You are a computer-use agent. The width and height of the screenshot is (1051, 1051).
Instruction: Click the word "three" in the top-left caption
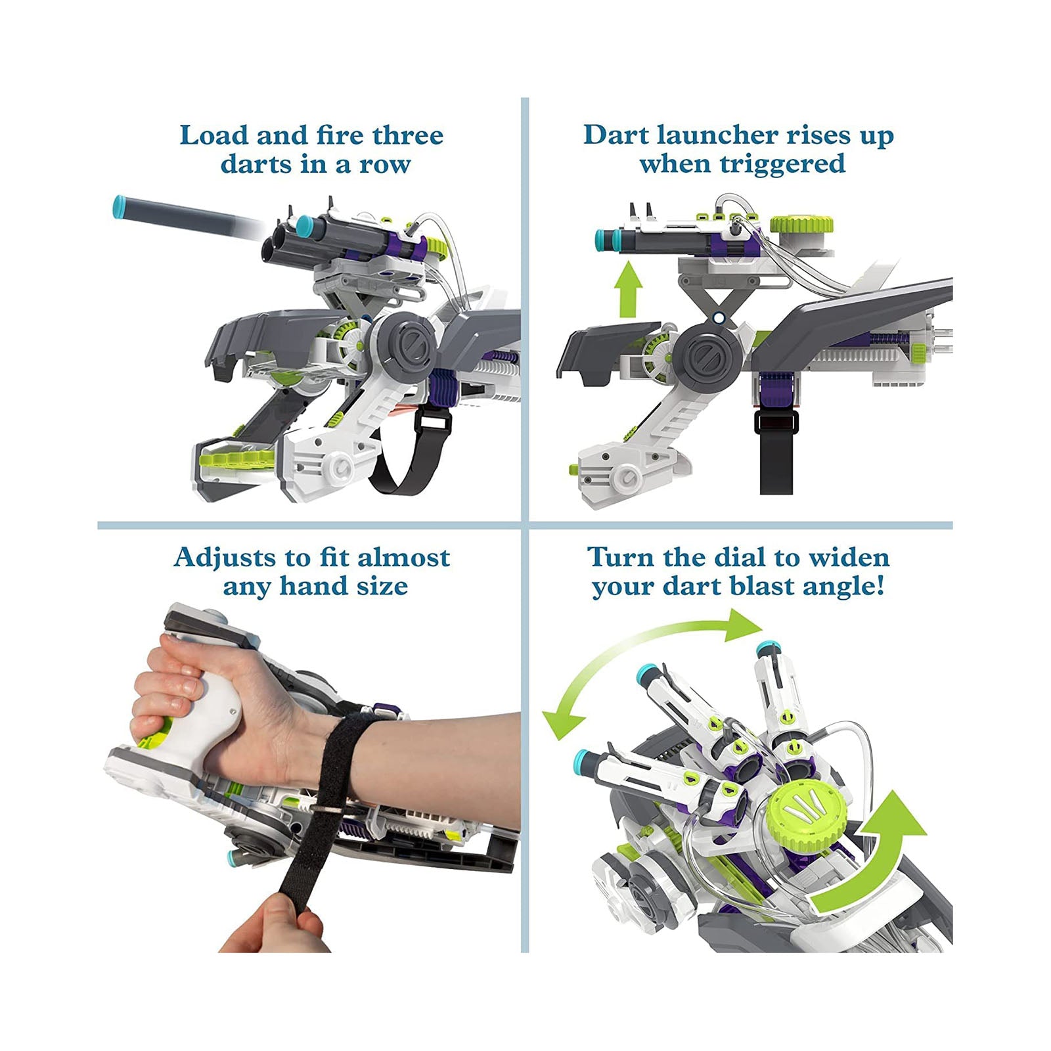(x=408, y=135)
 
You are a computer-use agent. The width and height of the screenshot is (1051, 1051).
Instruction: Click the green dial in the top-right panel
(x=801, y=225)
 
